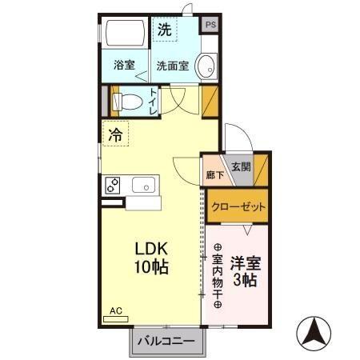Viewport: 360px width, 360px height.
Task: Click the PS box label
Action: [x=210, y=25]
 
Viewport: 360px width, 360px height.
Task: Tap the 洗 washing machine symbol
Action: [x=164, y=31]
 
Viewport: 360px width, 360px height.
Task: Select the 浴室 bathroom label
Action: [x=123, y=66]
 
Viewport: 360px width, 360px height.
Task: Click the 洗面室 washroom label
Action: [x=172, y=66]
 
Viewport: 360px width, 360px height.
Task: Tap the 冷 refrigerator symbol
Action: [x=116, y=135]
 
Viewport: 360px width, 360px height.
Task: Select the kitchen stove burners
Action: [x=112, y=185]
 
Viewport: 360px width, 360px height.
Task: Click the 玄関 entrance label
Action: [x=241, y=167]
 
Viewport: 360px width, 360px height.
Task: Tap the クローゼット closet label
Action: [x=238, y=206]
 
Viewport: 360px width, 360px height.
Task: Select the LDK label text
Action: [x=150, y=249]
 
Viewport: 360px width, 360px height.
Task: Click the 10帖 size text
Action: [x=150, y=266]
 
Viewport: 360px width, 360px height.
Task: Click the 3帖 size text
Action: [x=245, y=281]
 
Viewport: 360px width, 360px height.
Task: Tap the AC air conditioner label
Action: [x=114, y=310]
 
